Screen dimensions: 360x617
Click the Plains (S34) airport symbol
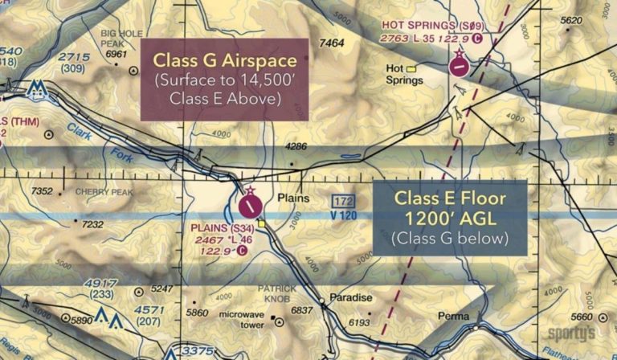(251, 206)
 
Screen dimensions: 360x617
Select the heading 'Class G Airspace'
(225, 61)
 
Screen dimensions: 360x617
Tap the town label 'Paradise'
(351, 297)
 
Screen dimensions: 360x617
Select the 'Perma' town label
(452, 317)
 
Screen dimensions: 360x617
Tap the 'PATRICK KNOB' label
(276, 293)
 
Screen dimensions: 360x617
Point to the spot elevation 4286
(296, 147)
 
